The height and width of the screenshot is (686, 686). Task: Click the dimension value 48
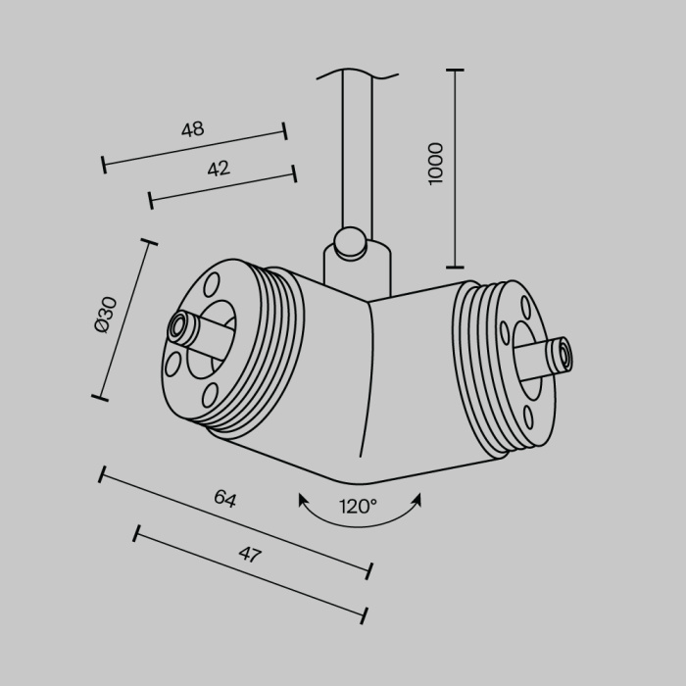tap(192, 128)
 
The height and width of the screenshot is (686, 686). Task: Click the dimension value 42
tap(218, 169)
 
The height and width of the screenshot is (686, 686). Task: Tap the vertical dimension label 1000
tap(436, 163)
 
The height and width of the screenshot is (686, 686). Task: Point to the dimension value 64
tap(225, 499)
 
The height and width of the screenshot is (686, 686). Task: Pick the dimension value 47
tap(250, 555)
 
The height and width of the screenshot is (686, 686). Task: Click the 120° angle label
tap(359, 507)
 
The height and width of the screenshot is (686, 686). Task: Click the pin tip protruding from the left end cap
tap(179, 326)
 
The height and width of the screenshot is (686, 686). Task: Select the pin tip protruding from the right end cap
tap(563, 355)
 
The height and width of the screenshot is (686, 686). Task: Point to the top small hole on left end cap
tap(211, 284)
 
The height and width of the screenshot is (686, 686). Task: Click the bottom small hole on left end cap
tap(209, 395)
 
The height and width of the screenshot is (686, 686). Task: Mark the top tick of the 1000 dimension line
tap(455, 71)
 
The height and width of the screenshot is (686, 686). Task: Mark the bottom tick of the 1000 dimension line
tap(455, 266)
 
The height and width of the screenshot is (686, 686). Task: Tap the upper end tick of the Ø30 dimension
tap(149, 241)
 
